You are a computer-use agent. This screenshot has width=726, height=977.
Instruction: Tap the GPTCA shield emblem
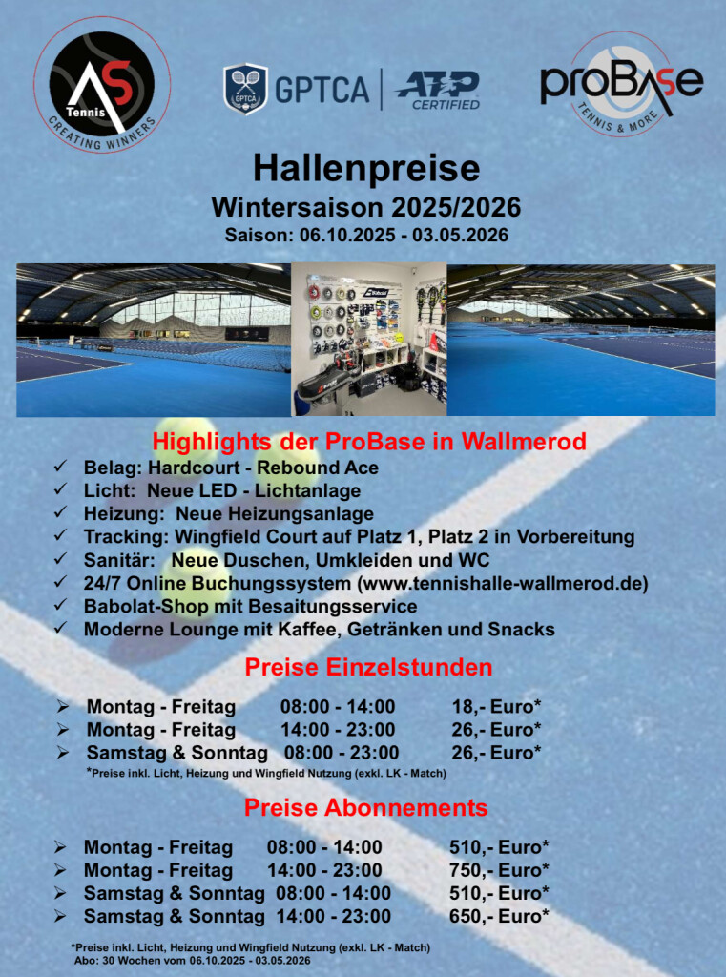[x=245, y=89]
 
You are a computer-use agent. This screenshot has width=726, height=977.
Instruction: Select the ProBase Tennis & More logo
[x=621, y=84]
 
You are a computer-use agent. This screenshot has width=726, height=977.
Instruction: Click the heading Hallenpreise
[x=366, y=168]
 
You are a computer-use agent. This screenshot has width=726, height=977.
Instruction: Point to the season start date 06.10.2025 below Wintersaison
[x=347, y=236]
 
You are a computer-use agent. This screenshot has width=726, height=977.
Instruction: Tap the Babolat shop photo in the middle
[x=369, y=340]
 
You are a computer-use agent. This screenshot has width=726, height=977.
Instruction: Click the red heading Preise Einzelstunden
[x=368, y=667]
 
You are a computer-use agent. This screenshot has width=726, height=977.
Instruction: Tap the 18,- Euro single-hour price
[x=496, y=707]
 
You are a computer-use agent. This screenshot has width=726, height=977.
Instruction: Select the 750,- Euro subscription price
[x=499, y=870]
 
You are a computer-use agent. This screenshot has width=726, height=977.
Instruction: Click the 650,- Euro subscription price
[x=499, y=916]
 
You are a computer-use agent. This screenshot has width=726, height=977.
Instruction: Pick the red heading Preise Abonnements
[x=365, y=808]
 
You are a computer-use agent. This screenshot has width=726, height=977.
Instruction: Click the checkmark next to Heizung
[x=60, y=513]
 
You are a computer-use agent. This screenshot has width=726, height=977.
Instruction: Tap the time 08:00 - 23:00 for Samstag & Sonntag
[x=342, y=753]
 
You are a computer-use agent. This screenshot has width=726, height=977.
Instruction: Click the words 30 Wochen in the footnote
[x=121, y=961]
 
